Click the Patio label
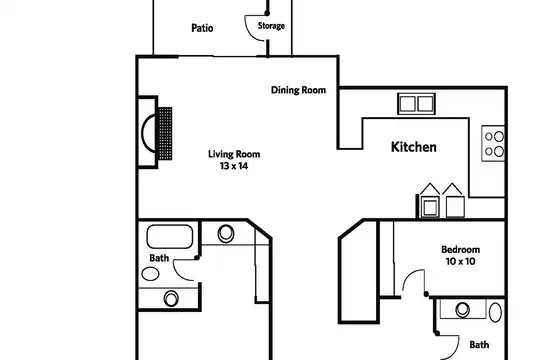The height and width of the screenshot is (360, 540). click(x=202, y=28)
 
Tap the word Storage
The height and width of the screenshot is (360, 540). click(x=271, y=26)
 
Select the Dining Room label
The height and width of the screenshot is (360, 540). click(x=298, y=90)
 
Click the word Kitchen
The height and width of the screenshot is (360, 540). click(x=414, y=147)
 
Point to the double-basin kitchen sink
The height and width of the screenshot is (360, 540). click(x=416, y=104)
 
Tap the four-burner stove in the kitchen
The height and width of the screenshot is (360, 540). click(x=493, y=143)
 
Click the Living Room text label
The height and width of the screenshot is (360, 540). click(x=234, y=154)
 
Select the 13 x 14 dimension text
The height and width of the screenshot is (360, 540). click(x=234, y=166)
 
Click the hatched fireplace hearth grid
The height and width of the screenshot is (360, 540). click(x=165, y=134)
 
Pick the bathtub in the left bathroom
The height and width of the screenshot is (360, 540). click(x=170, y=236)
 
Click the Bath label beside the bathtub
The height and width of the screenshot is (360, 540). click(x=159, y=258)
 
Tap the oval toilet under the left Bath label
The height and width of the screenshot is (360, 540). click(x=150, y=274)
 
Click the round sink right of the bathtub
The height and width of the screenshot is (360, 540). click(x=226, y=234)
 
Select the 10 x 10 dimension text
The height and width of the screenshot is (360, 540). click(x=460, y=261)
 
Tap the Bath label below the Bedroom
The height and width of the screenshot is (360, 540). click(x=479, y=344)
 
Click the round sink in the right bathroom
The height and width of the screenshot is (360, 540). click(x=463, y=310)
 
